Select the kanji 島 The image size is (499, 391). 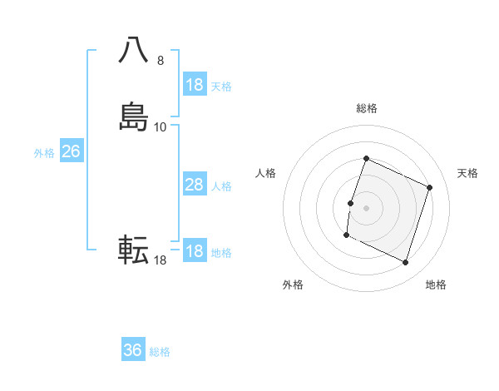(135, 116)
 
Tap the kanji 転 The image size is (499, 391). (135, 250)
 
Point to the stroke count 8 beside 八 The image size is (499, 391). (161, 61)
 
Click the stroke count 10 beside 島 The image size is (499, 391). (161, 126)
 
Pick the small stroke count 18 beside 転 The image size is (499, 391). (160, 260)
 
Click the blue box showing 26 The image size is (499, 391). (71, 151)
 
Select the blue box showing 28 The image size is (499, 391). (194, 185)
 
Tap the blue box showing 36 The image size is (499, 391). (133, 350)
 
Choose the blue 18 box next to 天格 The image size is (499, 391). (194, 85)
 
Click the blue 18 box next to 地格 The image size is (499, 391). (194, 251)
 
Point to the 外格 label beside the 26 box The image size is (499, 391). (44, 153)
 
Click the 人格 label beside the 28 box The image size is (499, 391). (221, 186)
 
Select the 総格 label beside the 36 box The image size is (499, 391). (160, 352)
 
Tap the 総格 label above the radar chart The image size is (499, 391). (366, 108)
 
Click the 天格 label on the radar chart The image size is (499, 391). (468, 173)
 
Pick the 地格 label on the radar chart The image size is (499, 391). (436, 285)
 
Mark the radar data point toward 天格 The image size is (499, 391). (430, 187)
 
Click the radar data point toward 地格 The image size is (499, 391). (405, 263)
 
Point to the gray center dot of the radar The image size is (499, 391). (366, 208)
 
